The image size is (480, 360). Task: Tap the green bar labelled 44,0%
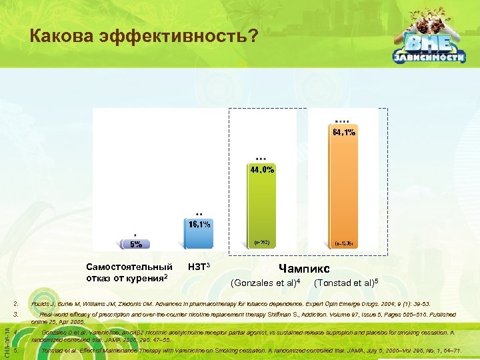click(261, 213)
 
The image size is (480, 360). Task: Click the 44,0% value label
click(261, 169)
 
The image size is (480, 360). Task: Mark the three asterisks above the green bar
click(261, 159)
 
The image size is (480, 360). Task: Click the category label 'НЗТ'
click(195, 267)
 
